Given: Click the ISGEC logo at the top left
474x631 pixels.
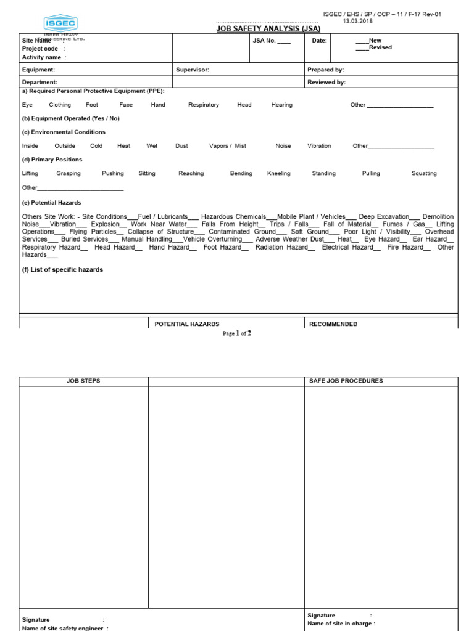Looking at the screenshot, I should pyautogui.click(x=60, y=24).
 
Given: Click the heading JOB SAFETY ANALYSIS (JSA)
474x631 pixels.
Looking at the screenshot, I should pyautogui.click(x=267, y=28).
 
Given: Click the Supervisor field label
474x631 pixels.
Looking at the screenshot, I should pyautogui.click(x=193, y=70).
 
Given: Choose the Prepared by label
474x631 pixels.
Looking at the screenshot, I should pyautogui.click(x=325, y=70).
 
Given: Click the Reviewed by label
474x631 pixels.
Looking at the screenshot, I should pyautogui.click(x=326, y=82).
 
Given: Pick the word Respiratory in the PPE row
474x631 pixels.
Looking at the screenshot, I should pyautogui.click(x=204, y=105).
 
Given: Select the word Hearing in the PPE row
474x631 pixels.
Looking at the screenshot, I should pyautogui.click(x=281, y=105).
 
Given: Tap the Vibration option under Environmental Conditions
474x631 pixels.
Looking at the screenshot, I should pyautogui.click(x=319, y=146).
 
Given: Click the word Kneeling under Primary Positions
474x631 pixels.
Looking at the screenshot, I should pyautogui.click(x=278, y=174).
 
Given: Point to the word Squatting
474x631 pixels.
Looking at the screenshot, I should pyautogui.click(x=424, y=174).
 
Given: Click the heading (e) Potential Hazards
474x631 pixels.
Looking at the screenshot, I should pyautogui.click(x=51, y=203).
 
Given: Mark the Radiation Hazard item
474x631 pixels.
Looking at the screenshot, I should pyautogui.click(x=304, y=247).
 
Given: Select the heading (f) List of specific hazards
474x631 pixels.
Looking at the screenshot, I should pyautogui.click(x=62, y=270).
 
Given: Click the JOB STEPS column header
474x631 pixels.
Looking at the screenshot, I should pyautogui.click(x=83, y=381).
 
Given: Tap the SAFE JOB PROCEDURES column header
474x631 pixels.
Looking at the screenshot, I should pyautogui.click(x=346, y=381).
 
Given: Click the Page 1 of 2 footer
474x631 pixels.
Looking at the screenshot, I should pyautogui.click(x=237, y=333).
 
